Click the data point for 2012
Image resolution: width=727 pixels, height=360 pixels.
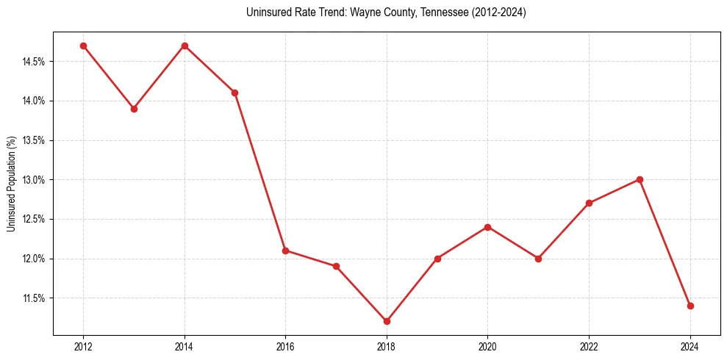pos(83,46)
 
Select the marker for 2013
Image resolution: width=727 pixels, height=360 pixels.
pos(134,109)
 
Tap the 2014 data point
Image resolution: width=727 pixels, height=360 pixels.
pos(185,46)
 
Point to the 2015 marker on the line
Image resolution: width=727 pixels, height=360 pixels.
pos(234,93)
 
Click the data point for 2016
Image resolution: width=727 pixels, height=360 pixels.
pos(285,251)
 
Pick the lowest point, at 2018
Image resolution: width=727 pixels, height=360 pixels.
pos(387,321)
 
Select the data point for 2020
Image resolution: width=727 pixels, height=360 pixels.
pos(487,227)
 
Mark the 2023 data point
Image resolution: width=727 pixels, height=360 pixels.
pos(640,179)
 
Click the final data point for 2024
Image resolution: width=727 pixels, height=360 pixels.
pos(690,306)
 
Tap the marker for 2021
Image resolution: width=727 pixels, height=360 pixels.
pos(538,259)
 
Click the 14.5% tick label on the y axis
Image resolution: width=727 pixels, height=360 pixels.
pos(34,62)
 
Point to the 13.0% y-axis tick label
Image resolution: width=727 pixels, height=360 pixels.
pos(34,180)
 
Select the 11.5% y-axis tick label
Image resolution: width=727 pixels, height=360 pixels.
pos(34,298)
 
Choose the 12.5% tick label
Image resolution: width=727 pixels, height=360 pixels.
pos(34,220)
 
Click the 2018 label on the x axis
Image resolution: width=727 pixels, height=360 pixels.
pos(387,347)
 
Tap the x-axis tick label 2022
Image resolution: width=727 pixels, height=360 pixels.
pos(589,347)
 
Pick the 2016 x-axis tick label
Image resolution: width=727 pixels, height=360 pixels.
pos(285,347)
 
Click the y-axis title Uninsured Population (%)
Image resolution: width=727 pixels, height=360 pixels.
pos(11,184)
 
